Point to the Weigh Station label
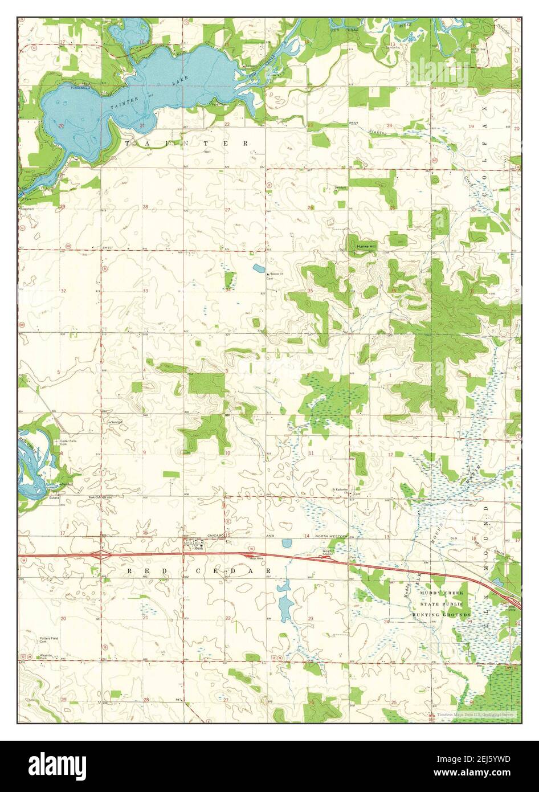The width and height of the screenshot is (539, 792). [326, 553]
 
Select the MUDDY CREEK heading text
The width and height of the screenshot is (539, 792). [442, 593]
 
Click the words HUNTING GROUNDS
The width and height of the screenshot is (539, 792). [442, 615]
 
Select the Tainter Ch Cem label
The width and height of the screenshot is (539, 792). [276, 276]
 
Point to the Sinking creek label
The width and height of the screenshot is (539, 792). [378, 133]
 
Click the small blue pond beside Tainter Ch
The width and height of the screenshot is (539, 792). [259, 268]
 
